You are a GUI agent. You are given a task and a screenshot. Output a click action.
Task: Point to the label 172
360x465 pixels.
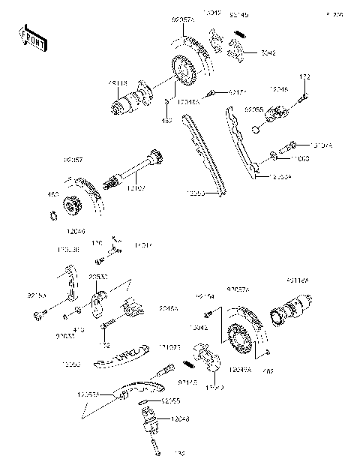click(305, 77)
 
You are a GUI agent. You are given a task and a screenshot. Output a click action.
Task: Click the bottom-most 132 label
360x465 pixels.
click(158, 453)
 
